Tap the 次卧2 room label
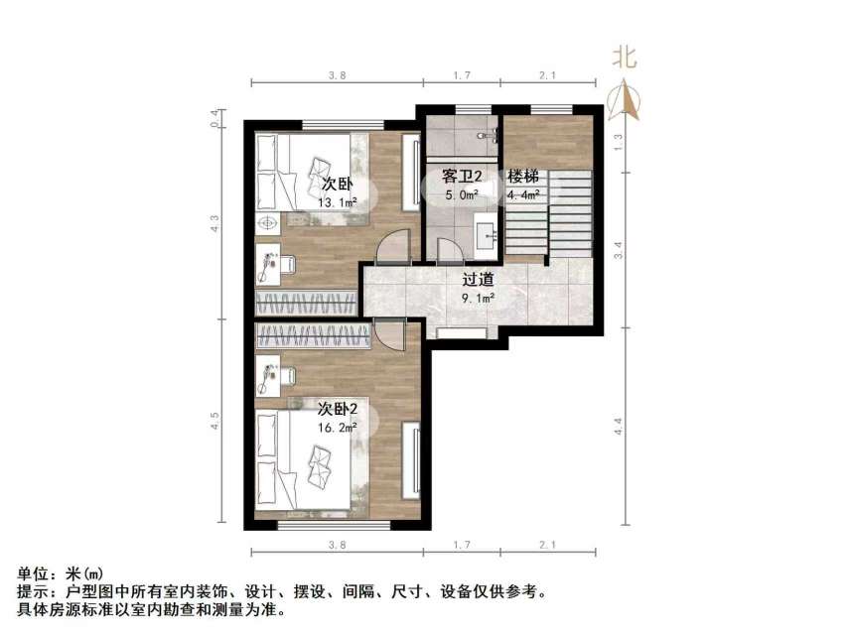point(337,409)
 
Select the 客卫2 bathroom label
point(462,177)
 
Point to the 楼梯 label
point(523,177)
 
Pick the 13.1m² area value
point(338,203)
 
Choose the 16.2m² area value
point(338,428)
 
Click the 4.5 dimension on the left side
point(213,422)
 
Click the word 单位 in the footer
point(33,573)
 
